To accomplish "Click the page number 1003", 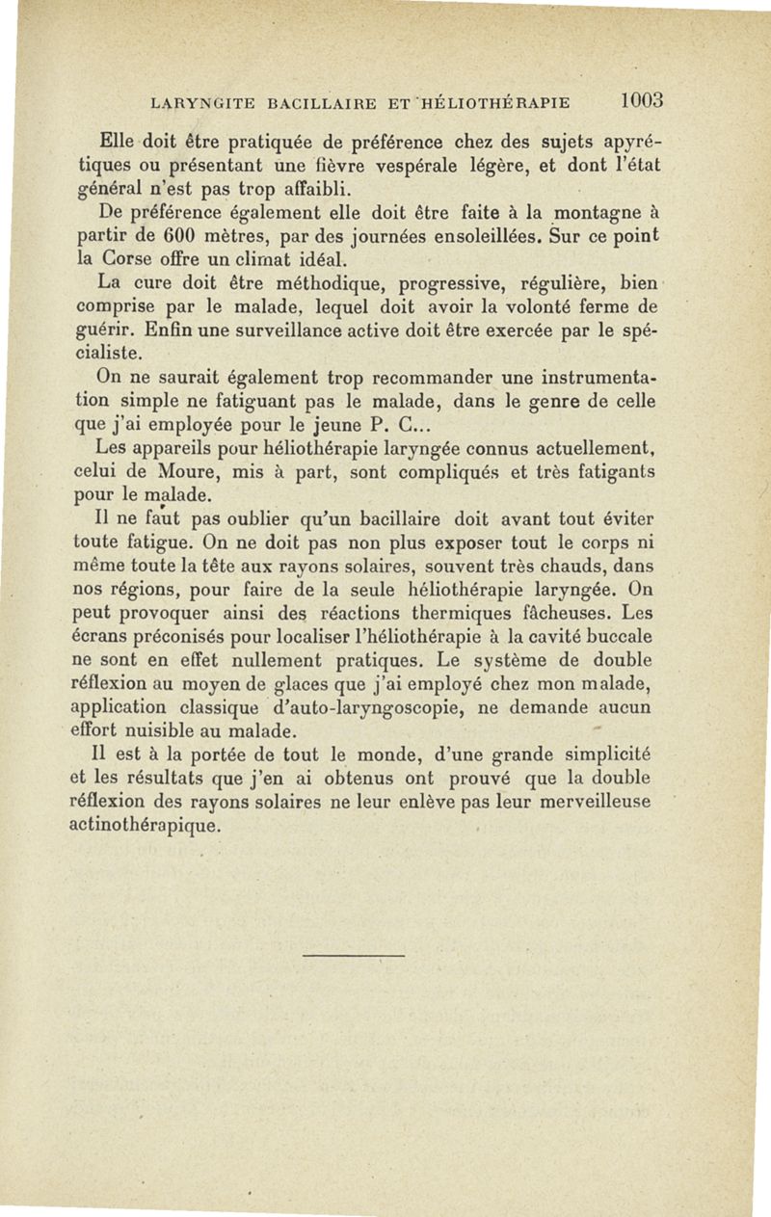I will point(645,100).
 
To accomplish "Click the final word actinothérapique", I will point(147,826).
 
